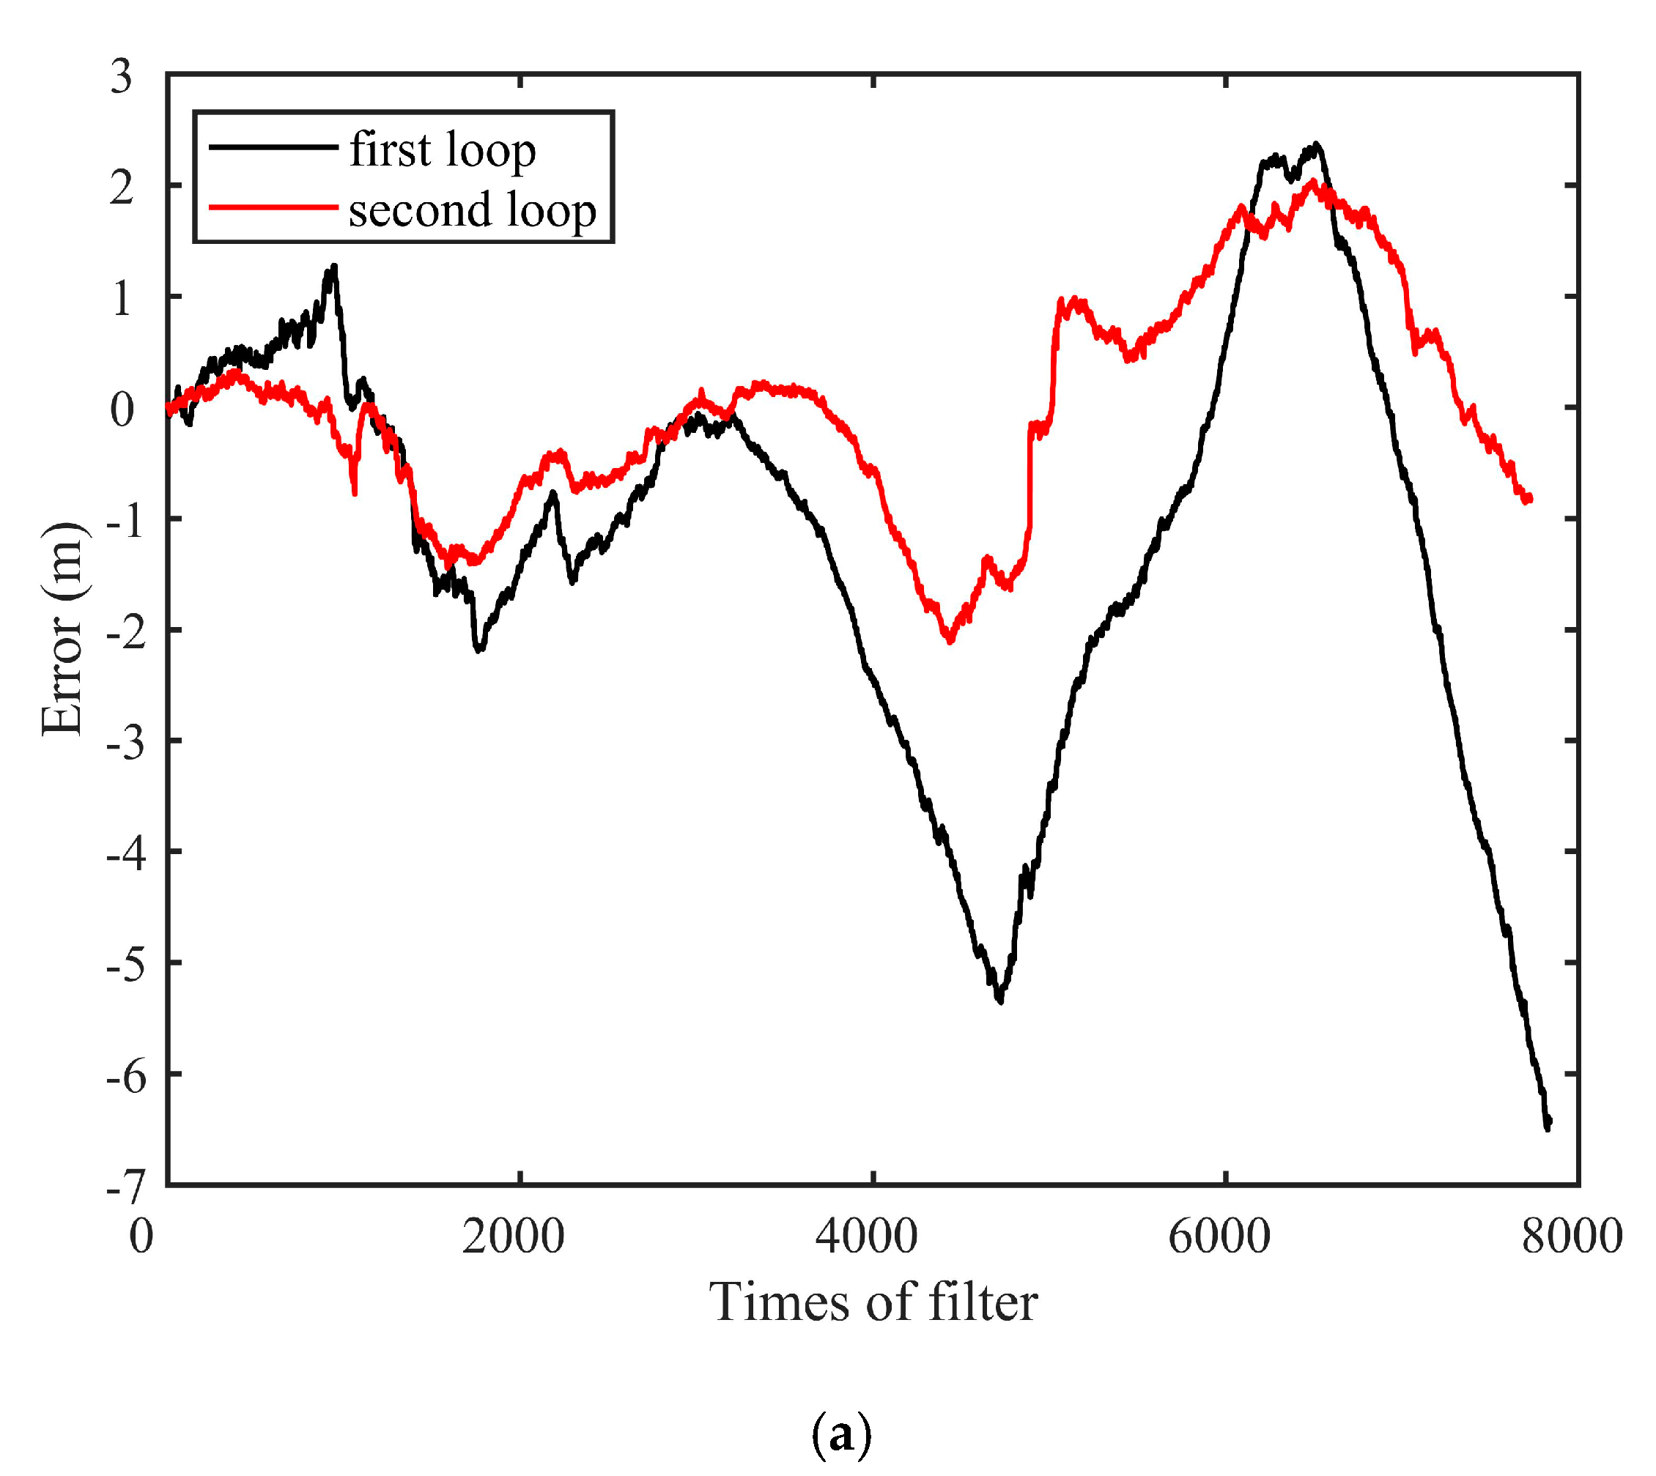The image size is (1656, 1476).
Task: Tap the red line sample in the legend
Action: [273, 207]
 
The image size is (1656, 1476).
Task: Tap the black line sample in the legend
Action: [273, 147]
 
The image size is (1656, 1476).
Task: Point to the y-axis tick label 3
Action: [122, 77]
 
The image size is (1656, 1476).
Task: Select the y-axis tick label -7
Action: [127, 1188]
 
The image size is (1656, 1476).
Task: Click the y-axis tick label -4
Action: [127, 854]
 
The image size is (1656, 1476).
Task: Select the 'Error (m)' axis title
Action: [62, 629]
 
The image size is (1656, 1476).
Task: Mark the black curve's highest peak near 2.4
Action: [1317, 145]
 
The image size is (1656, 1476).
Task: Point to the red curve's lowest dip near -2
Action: [950, 642]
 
